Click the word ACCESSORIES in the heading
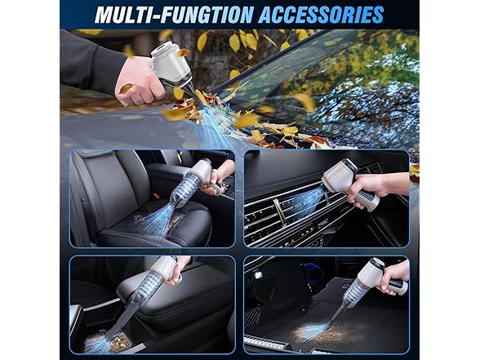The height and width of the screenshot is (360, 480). point(321,15)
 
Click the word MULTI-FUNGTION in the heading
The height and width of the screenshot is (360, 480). point(174,15)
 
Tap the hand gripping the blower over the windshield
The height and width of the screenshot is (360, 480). point(138,81)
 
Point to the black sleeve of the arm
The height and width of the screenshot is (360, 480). point(91,61)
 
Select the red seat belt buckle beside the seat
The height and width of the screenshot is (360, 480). point(157,195)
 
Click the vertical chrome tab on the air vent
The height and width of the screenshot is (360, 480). point(279,211)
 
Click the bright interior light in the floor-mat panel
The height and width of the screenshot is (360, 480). point(258,275)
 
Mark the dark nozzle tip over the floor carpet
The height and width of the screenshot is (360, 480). point(336,315)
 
